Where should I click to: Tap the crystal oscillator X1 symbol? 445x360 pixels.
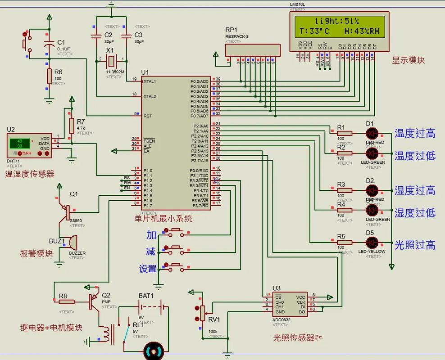[x=110, y=59]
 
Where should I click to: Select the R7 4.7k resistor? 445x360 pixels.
[x=72, y=126]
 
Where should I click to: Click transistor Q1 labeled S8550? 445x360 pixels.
[x=66, y=210]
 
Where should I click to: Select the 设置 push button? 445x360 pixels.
[x=174, y=265]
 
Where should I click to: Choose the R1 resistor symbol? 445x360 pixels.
[x=344, y=133]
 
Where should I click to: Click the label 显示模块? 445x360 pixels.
[x=408, y=60]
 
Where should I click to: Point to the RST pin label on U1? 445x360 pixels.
[x=148, y=116]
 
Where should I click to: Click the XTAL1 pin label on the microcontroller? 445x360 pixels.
[x=150, y=81]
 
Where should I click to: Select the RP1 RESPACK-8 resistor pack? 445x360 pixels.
[x=252, y=50]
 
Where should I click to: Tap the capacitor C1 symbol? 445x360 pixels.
[x=49, y=45]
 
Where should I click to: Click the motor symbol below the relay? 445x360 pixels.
[x=152, y=350]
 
